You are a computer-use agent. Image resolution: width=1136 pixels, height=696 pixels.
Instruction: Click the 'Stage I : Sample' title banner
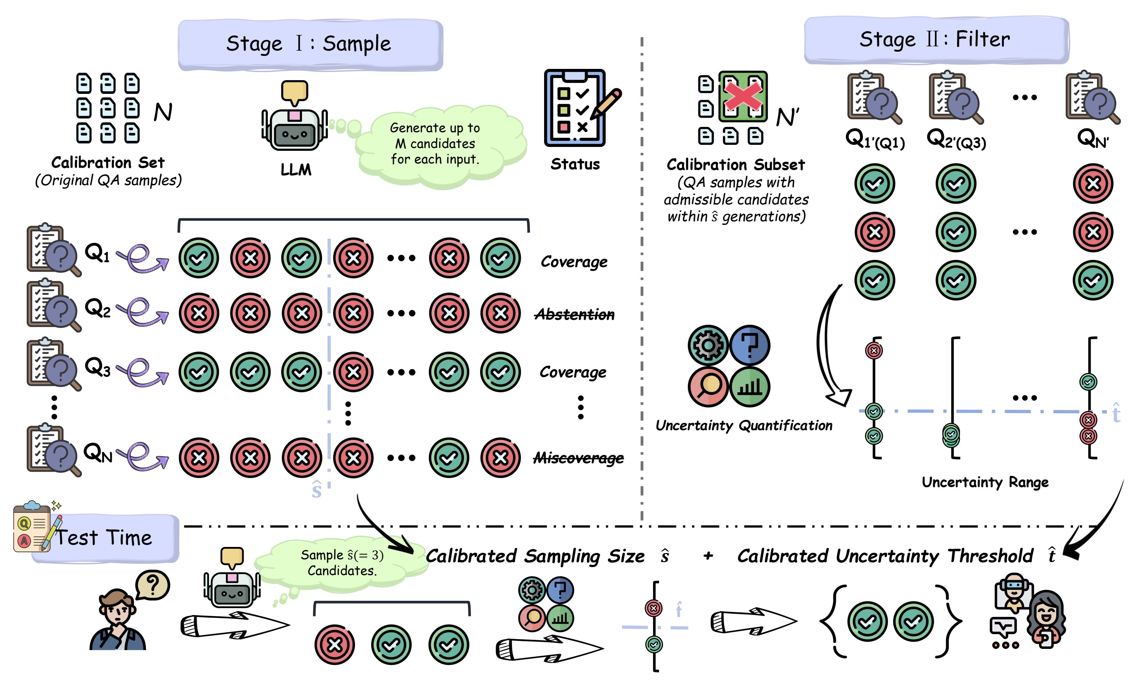(x=310, y=44)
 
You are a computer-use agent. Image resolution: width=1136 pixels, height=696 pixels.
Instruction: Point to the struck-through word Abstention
(x=574, y=314)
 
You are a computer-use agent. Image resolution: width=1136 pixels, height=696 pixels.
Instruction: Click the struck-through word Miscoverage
(x=579, y=458)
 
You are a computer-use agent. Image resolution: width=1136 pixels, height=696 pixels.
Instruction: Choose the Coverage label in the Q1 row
(x=574, y=262)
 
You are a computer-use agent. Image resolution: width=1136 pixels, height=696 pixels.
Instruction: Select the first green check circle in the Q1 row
(x=199, y=258)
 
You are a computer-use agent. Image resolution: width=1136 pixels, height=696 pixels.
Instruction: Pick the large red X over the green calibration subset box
(x=743, y=97)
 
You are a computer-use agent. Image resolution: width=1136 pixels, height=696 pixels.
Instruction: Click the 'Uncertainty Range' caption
(x=985, y=482)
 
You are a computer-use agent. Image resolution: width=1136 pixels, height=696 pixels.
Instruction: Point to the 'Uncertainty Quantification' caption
(x=744, y=425)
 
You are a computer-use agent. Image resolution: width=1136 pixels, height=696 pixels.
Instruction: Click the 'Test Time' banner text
(x=104, y=538)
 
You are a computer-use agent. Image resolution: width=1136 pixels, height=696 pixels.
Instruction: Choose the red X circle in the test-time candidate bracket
(x=335, y=644)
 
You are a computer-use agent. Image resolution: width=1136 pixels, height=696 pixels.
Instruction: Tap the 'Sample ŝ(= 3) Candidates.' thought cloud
(x=342, y=563)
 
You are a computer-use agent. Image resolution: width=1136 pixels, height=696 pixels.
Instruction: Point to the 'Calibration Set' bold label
(x=108, y=162)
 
